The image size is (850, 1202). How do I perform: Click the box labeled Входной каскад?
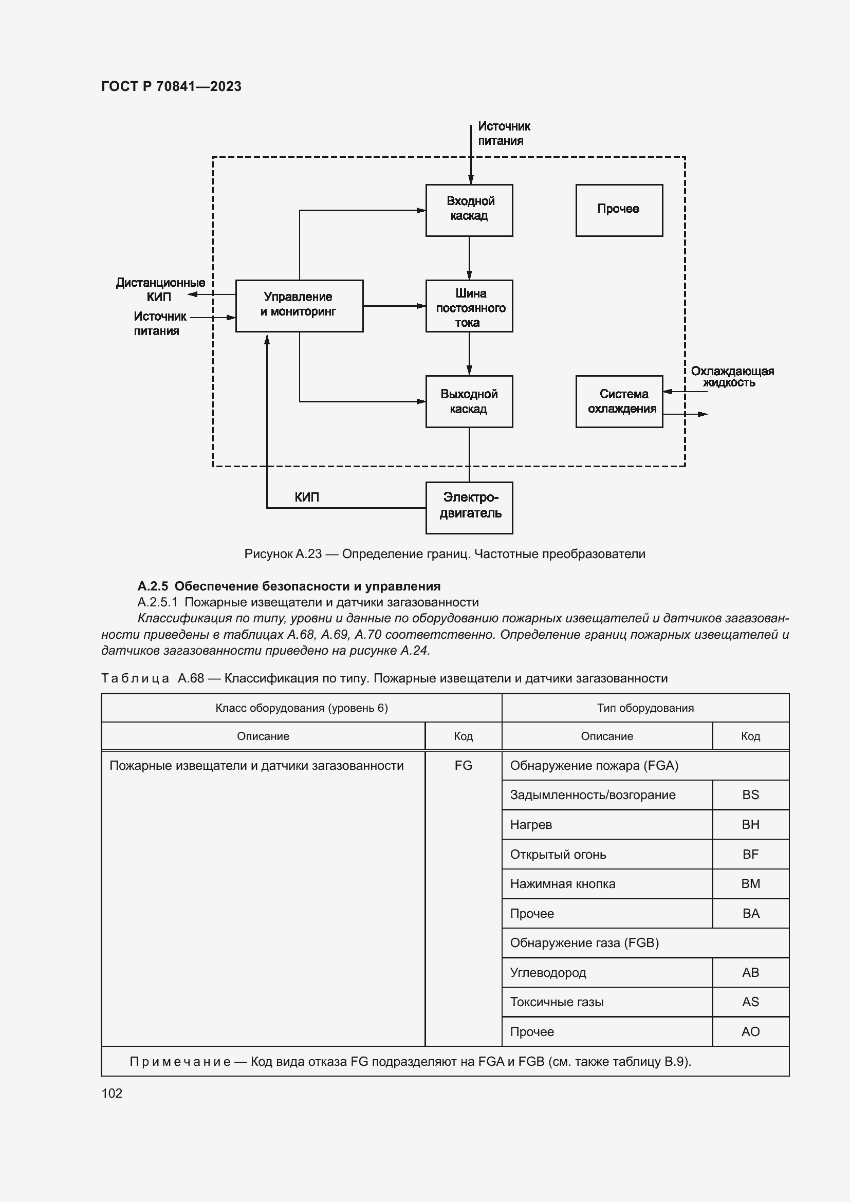click(469, 210)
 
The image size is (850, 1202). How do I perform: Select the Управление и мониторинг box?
click(299, 305)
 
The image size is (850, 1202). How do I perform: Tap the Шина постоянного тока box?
click(469, 306)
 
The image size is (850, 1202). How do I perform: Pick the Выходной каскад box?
click(469, 401)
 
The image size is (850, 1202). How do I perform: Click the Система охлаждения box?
click(619, 401)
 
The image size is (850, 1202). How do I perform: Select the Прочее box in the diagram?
click(619, 210)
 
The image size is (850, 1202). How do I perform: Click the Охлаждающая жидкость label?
click(732, 376)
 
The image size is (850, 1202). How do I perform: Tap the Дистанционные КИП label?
click(160, 289)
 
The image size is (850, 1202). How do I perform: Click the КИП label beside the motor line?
click(307, 497)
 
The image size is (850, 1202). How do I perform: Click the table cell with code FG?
click(463, 765)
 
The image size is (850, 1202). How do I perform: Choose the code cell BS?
click(750, 794)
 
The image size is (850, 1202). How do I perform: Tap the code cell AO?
click(750, 1031)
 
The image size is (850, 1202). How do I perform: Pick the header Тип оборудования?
click(645, 708)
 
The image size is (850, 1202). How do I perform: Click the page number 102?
click(112, 1093)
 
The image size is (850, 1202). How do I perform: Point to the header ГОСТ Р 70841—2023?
click(171, 86)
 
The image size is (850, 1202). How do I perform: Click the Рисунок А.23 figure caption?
click(445, 554)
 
